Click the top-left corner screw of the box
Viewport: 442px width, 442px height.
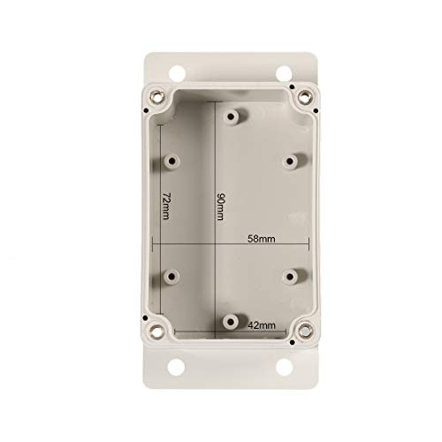[x=158, y=96]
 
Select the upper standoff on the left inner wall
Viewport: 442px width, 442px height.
[x=169, y=162]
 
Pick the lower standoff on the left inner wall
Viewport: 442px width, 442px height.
[x=168, y=276]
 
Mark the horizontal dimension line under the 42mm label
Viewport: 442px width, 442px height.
[x=240, y=333]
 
